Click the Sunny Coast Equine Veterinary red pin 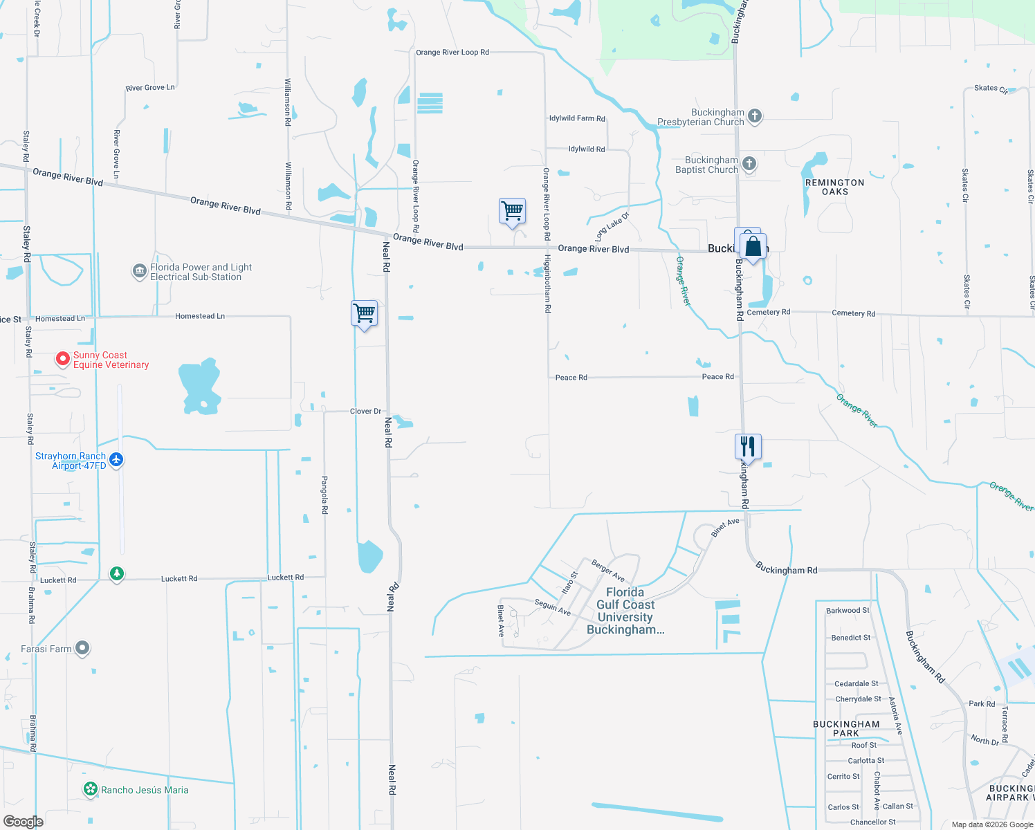click(63, 358)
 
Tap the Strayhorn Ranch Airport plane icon click(116, 460)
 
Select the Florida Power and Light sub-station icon click(139, 272)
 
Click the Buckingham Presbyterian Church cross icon click(755, 116)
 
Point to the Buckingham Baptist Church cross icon click(749, 164)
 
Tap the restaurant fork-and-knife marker click(748, 447)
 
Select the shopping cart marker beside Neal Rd click(364, 314)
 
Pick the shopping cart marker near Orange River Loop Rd click(512, 210)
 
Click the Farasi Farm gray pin click(82, 648)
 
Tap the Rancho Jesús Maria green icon click(90, 789)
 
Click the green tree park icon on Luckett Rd click(117, 574)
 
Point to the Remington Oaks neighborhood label click(834, 187)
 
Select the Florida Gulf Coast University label click(625, 611)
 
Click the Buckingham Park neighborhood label click(846, 728)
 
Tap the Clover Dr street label click(365, 411)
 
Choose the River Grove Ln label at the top click(150, 88)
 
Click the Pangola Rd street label click(324, 495)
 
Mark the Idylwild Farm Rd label click(577, 118)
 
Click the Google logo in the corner click(23, 821)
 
